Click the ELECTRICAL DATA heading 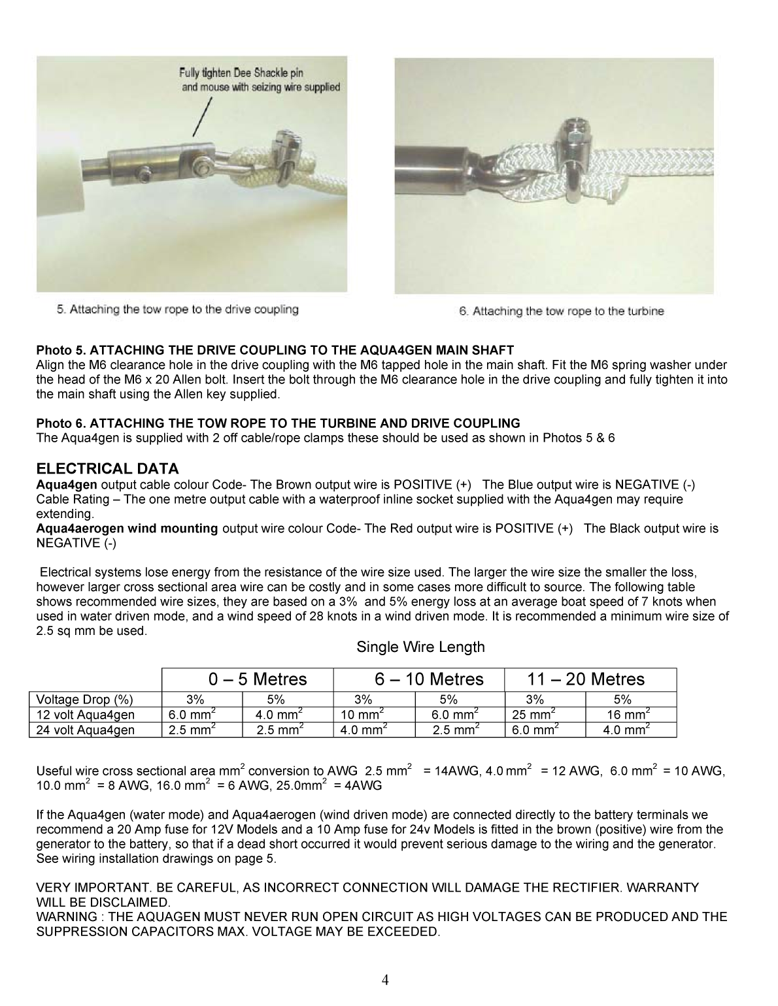click(107, 468)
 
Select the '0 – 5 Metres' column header click(247, 679)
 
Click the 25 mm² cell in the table click(533, 715)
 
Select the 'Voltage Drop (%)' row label click(85, 699)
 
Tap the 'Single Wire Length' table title click(420, 647)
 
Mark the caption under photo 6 click(562, 312)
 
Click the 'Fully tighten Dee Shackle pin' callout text click(242, 74)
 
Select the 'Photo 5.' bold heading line click(275, 350)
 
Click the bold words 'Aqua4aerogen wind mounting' click(127, 528)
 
